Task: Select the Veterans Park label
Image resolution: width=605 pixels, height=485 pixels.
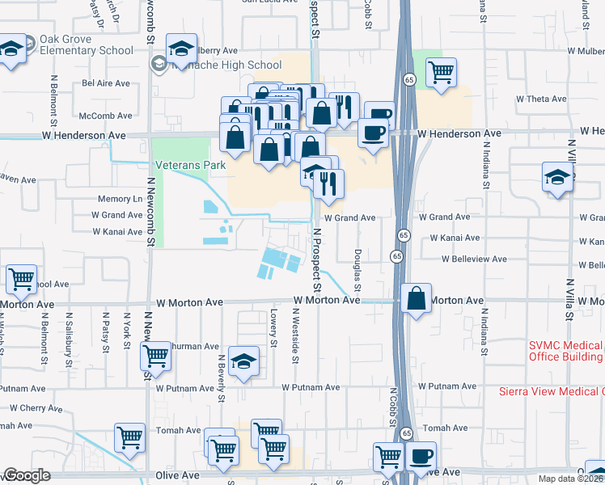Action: click(x=180, y=165)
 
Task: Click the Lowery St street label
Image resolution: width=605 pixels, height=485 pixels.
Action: click(x=274, y=331)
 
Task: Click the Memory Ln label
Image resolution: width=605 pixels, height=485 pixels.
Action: click(x=120, y=199)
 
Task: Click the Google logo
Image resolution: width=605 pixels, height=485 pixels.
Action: click(x=27, y=475)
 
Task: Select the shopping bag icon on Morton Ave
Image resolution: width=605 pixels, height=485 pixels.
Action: click(x=415, y=298)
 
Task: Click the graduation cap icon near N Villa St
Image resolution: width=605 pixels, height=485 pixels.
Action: click(x=558, y=177)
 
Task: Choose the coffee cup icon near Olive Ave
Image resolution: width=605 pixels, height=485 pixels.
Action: click(x=420, y=455)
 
